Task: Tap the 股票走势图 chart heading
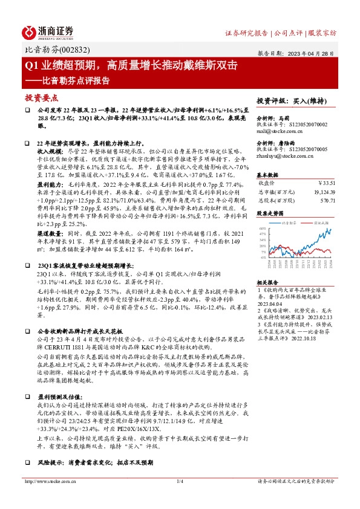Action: point(270,213)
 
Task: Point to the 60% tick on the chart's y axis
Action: point(263,229)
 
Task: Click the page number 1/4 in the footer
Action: point(179,481)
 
